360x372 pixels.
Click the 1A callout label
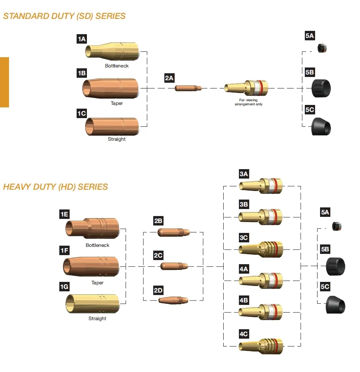(x=82, y=39)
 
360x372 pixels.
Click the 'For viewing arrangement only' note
(x=248, y=102)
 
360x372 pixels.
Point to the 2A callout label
(x=169, y=78)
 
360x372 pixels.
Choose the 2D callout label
(x=158, y=290)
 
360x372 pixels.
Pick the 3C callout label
(x=243, y=237)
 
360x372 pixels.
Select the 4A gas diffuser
(x=261, y=281)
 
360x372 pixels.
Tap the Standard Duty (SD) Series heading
(x=64, y=16)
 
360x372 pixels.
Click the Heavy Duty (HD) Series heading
(x=55, y=187)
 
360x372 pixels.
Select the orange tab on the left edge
(x=4, y=82)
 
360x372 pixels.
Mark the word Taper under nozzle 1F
(x=97, y=283)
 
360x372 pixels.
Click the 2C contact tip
(x=174, y=266)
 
